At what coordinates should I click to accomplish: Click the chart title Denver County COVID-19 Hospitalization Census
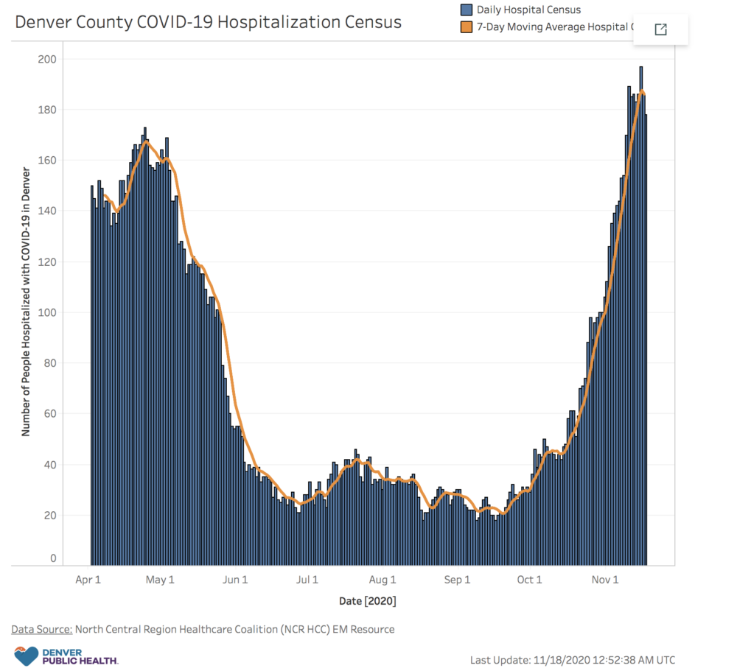coord(209,22)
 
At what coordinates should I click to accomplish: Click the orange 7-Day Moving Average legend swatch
coord(466,28)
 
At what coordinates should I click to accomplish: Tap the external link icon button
coord(660,29)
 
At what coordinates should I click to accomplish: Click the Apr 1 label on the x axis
coord(88,580)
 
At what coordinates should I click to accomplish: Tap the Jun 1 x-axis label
coord(235,580)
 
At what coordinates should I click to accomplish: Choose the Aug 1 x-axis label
coord(383,580)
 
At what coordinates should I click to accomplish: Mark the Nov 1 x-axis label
coord(604,580)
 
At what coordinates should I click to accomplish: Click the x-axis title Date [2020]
coord(368,601)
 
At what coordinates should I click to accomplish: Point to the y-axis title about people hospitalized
coord(26,302)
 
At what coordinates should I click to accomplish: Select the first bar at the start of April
coord(92,376)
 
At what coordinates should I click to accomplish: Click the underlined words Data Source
coord(41,629)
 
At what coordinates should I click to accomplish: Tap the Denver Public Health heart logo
coord(26,655)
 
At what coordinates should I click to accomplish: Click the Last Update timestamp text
coord(572,660)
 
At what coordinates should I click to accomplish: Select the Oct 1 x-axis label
coord(529,580)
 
